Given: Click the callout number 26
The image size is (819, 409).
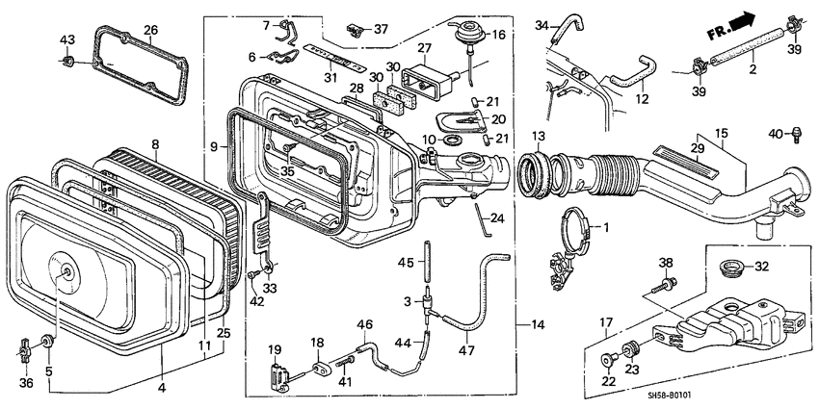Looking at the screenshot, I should click(x=150, y=30).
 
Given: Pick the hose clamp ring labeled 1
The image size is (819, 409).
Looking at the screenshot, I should click(x=573, y=227).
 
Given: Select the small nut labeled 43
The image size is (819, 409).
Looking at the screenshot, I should click(x=67, y=64).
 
